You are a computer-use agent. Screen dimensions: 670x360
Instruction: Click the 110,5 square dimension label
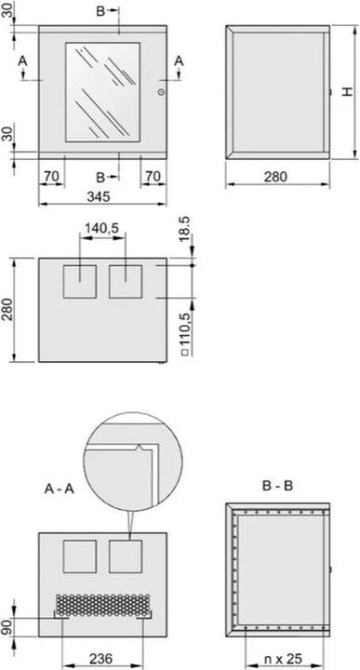183,330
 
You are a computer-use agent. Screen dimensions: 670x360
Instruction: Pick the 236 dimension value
102,658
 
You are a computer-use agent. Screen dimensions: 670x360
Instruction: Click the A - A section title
59,487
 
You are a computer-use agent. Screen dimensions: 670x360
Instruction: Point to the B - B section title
277,487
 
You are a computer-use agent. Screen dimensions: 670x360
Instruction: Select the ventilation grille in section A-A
102,606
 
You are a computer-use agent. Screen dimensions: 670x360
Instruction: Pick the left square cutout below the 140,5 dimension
79,281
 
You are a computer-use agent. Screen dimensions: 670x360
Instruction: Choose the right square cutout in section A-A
125,556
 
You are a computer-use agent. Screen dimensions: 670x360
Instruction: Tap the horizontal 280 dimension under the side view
277,175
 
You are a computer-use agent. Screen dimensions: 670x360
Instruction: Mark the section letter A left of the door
23,60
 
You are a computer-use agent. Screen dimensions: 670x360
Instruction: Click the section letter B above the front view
101,11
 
